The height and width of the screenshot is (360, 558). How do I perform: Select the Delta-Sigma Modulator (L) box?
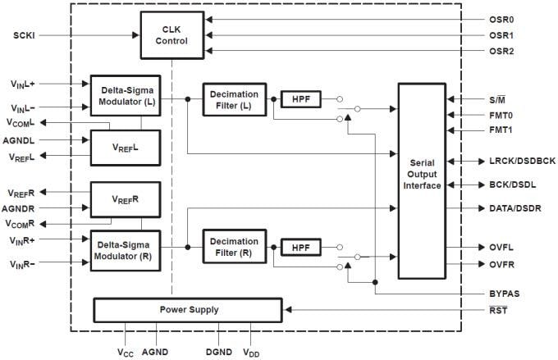[x=126, y=95]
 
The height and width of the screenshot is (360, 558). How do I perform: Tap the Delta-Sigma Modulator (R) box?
[x=126, y=251]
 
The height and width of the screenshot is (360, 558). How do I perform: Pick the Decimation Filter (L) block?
[x=234, y=98]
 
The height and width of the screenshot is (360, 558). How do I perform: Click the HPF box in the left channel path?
[x=300, y=98]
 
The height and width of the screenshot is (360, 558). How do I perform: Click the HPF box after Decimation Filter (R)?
[x=300, y=247]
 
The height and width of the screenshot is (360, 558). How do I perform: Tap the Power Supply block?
[x=188, y=310]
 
